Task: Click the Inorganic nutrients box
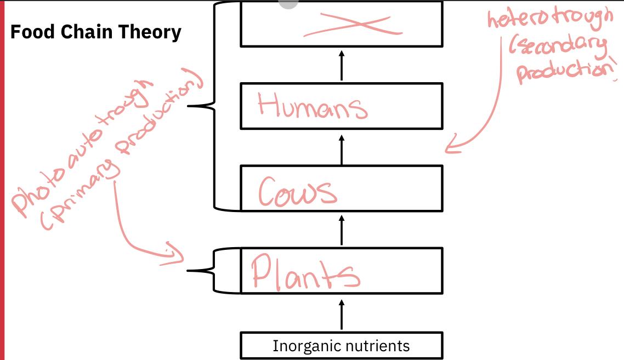click(x=341, y=346)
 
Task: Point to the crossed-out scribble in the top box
click(x=348, y=25)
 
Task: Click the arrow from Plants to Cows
click(x=342, y=230)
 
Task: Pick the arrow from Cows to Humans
click(x=342, y=150)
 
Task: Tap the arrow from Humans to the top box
click(x=342, y=65)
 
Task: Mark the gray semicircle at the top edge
click(x=288, y=4)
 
